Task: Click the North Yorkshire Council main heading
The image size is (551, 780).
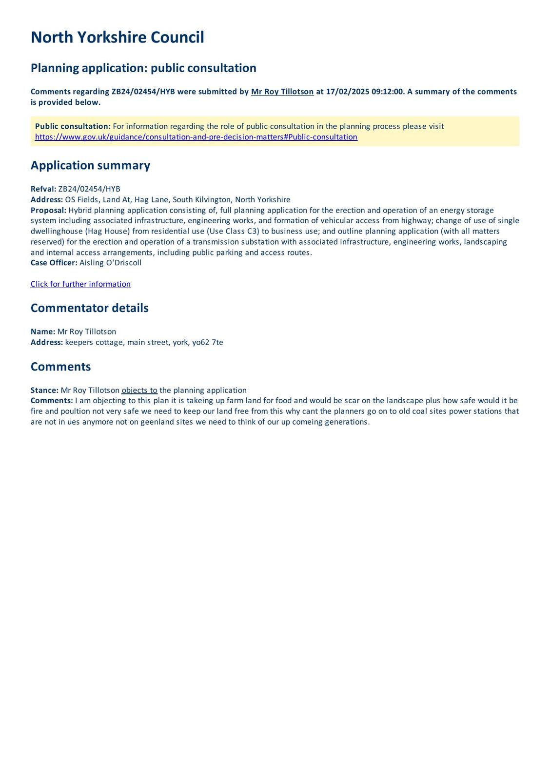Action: click(x=117, y=38)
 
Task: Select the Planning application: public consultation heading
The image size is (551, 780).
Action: click(x=143, y=68)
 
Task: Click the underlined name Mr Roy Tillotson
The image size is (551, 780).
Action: click(x=282, y=92)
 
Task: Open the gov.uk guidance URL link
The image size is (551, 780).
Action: click(x=196, y=137)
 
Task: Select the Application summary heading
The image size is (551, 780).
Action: click(x=90, y=165)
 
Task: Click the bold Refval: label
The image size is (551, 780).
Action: click(x=43, y=189)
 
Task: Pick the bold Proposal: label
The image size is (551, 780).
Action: click(x=48, y=210)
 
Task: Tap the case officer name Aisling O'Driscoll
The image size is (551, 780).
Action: click(x=110, y=263)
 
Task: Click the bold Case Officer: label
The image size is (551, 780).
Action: click(x=54, y=263)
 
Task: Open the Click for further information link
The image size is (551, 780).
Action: click(x=80, y=284)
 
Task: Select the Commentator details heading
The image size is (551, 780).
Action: click(x=89, y=308)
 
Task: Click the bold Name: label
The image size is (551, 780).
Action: click(x=43, y=331)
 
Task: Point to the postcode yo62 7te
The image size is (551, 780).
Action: click(x=208, y=342)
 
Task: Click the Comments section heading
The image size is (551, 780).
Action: click(x=60, y=367)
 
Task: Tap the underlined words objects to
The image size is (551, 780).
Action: click(x=139, y=390)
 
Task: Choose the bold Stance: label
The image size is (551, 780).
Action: click(x=44, y=390)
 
